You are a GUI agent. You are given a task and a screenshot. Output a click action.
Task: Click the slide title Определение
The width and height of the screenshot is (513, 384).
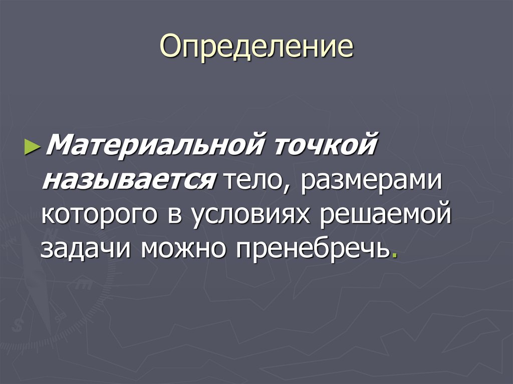click(x=256, y=48)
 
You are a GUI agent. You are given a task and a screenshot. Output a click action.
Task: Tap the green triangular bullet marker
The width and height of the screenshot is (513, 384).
click(x=31, y=147)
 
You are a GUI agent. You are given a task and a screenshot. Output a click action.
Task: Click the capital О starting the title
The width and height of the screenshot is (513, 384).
click(x=170, y=48)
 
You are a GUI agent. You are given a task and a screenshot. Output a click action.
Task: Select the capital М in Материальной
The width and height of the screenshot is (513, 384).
click(x=57, y=147)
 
